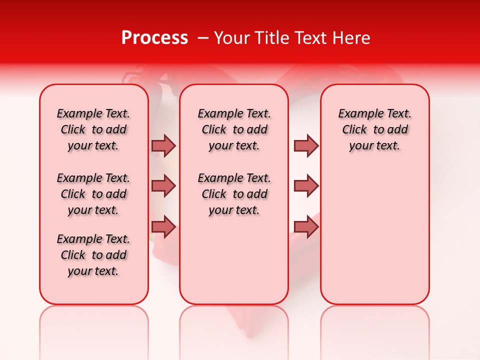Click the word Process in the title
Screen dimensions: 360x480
point(154,38)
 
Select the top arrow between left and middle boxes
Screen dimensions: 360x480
point(163,145)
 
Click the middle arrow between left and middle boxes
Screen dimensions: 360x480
point(163,186)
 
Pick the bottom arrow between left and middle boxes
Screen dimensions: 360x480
point(163,227)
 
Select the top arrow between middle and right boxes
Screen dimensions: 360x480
point(306,145)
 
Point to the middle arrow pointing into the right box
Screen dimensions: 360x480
point(306,186)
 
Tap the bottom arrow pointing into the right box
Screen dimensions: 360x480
point(306,227)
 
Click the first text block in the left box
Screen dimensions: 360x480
point(93,129)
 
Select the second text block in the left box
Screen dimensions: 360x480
point(93,194)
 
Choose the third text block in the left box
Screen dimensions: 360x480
point(93,255)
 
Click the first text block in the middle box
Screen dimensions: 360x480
point(234,129)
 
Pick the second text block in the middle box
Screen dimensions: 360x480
point(234,194)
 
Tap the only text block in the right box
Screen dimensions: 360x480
point(375,129)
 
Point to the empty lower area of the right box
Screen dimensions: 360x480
point(375,235)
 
